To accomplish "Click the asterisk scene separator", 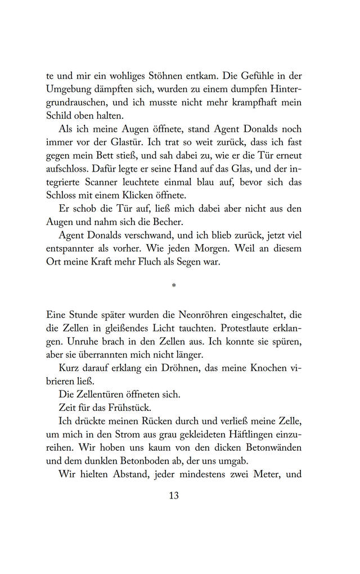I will (174, 287).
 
